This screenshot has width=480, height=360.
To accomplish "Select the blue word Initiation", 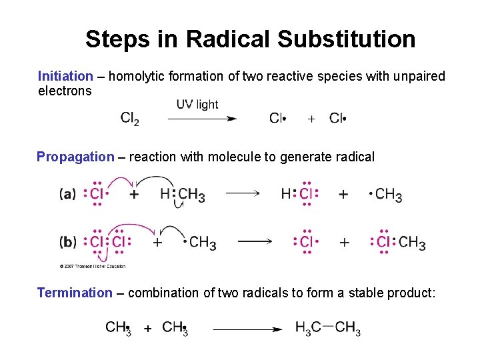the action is click(x=65, y=76).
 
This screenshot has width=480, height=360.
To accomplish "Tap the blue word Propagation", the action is click(x=75, y=157).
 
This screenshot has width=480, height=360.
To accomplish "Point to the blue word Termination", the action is click(x=75, y=292).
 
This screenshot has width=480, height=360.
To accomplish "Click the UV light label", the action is click(x=197, y=104).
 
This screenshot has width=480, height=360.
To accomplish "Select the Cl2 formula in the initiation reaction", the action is click(x=130, y=119).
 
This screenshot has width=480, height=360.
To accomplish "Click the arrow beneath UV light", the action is click(x=202, y=119).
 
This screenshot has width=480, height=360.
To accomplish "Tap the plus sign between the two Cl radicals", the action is click(x=311, y=119).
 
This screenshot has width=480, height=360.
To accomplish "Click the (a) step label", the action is click(x=67, y=194).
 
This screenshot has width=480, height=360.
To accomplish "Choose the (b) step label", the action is click(x=67, y=241).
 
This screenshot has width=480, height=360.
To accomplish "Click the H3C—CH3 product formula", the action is click(x=328, y=328).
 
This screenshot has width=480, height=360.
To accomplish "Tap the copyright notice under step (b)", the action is click(x=92, y=266).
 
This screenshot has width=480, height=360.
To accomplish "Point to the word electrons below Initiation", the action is click(x=65, y=91).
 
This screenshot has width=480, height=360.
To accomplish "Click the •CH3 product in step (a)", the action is click(x=386, y=194).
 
